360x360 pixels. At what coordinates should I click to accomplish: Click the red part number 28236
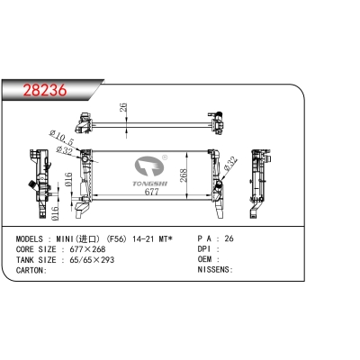click(x=45, y=90)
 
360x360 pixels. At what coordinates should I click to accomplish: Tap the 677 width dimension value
click(x=151, y=192)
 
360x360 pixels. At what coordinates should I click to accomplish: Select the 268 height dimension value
click(x=183, y=175)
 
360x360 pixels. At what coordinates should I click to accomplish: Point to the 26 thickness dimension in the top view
click(x=123, y=107)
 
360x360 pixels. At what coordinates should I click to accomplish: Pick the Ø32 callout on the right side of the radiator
click(x=231, y=164)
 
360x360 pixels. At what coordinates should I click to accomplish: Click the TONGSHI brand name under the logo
click(x=150, y=184)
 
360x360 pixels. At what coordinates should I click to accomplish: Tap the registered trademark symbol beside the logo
click(x=165, y=157)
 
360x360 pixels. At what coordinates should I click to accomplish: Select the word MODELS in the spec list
click(x=30, y=239)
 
